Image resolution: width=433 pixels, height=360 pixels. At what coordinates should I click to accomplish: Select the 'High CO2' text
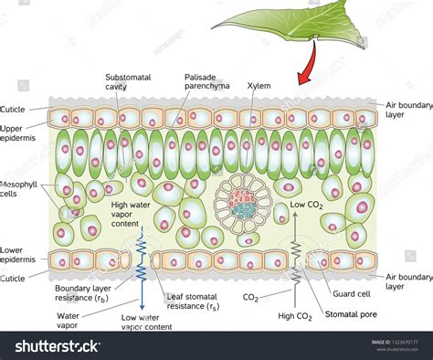[295, 316]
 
